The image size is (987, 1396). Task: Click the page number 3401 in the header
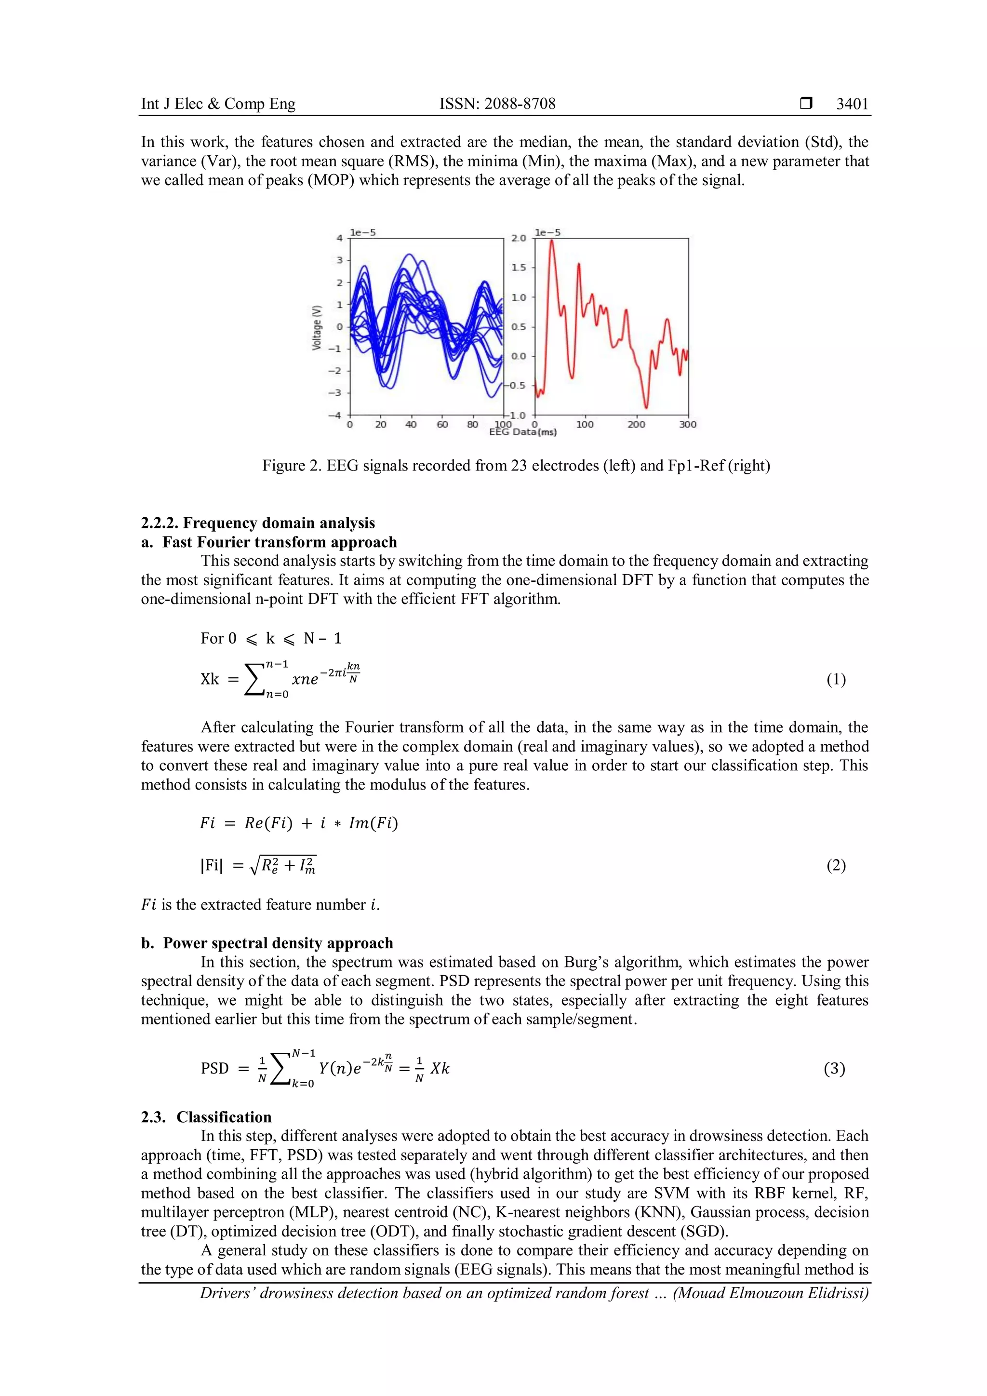[852, 104]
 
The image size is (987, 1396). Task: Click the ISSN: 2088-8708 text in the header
[497, 104]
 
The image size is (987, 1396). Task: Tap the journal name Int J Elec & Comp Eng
[218, 104]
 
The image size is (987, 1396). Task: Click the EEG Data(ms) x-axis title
[523, 432]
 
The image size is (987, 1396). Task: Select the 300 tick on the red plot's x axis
[687, 424]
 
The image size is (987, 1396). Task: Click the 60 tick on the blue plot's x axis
[442, 424]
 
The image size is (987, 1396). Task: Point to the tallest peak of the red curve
[551, 242]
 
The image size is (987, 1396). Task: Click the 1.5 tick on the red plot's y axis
[519, 268]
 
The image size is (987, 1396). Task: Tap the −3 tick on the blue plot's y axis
[335, 393]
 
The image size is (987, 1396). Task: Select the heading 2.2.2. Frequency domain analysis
[258, 523]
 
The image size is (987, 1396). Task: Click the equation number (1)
[836, 679]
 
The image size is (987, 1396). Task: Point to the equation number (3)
[834, 1068]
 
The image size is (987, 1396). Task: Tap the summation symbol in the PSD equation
[280, 1069]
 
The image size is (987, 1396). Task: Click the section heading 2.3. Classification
[206, 1117]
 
